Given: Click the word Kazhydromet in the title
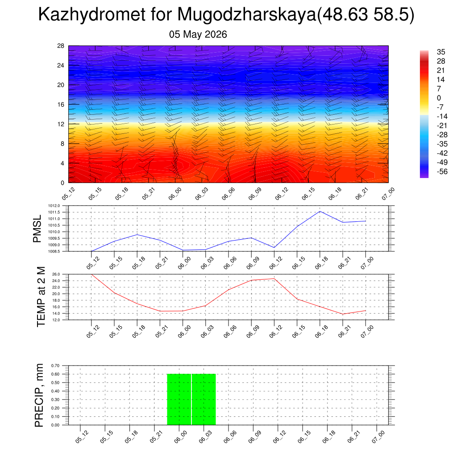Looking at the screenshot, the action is click(x=92, y=14).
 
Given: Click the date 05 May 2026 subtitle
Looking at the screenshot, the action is click(x=198, y=34).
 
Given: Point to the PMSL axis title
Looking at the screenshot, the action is click(x=37, y=229).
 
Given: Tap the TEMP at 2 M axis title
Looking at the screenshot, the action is click(x=41, y=297).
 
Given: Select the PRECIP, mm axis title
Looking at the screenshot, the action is click(x=39, y=395).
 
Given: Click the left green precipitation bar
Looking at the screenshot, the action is click(x=179, y=399).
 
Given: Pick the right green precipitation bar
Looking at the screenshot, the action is click(x=204, y=399).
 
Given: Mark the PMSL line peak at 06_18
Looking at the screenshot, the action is click(x=320, y=211).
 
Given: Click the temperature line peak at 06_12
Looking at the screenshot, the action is click(x=274, y=278).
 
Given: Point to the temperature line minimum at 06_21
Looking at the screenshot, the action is click(x=343, y=314).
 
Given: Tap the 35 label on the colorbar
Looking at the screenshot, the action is click(x=441, y=52).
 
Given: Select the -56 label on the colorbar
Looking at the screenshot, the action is click(x=442, y=171).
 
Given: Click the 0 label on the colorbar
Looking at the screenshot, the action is click(x=439, y=98).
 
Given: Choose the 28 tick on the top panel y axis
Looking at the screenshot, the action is click(x=61, y=46).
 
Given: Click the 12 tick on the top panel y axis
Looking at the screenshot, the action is click(x=61, y=124).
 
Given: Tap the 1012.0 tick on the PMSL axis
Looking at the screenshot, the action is click(x=54, y=206).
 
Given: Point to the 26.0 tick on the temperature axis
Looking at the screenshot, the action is click(x=56, y=274).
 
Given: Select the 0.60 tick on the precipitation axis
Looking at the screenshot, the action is click(x=55, y=374).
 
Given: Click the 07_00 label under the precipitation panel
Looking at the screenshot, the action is click(x=378, y=437).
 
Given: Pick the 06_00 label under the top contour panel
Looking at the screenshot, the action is click(x=175, y=194).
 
